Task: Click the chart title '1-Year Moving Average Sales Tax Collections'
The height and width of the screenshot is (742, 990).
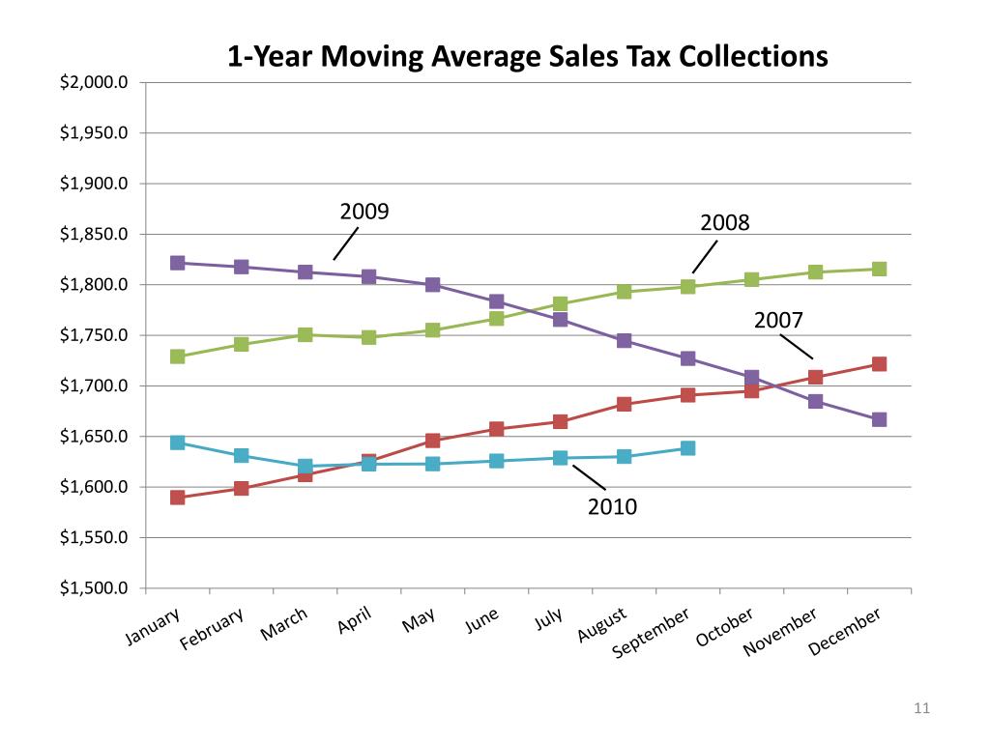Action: (527, 56)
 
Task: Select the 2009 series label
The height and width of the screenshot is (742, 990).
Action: (364, 211)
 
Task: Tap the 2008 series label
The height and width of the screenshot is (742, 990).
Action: (725, 223)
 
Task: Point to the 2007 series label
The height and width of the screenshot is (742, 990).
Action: (779, 320)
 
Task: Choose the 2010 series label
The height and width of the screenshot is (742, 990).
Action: (613, 505)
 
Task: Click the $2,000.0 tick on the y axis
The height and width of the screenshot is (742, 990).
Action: (94, 83)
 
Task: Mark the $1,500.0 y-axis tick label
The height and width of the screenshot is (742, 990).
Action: (94, 588)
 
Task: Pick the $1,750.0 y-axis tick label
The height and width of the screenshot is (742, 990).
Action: (94, 335)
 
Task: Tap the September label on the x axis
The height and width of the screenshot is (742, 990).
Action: (653, 634)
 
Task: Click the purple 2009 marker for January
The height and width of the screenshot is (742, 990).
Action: (178, 263)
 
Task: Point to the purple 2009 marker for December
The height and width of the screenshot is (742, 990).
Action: (879, 419)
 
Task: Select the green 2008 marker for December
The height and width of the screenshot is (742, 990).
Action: (879, 269)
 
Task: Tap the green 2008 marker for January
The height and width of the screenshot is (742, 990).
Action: (178, 357)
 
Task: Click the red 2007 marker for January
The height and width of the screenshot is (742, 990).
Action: (178, 498)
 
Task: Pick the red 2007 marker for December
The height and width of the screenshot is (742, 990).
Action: (879, 364)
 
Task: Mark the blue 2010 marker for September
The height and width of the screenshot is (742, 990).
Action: (687, 448)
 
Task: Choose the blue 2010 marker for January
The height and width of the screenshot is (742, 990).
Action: (178, 442)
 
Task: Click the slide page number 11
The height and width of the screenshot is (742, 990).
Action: (920, 710)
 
